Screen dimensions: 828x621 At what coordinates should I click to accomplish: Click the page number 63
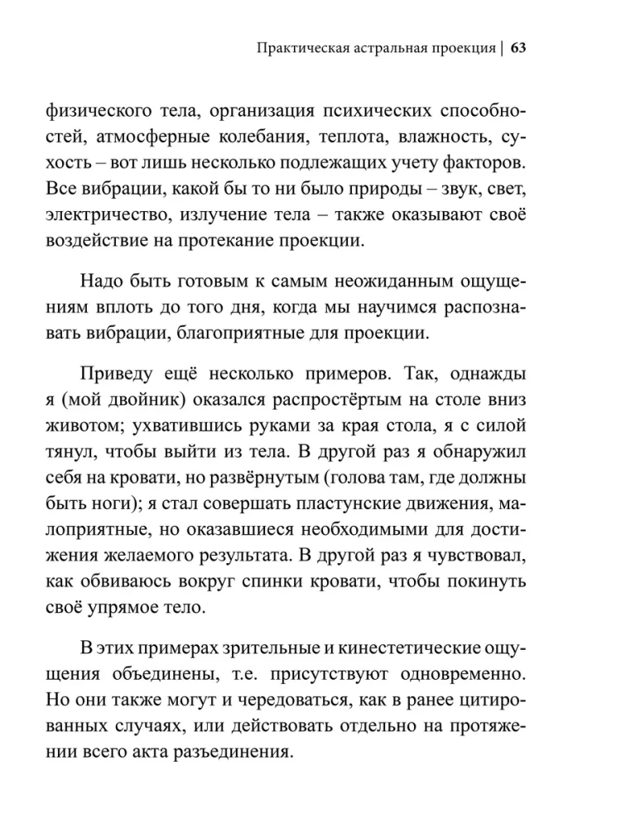click(519, 47)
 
